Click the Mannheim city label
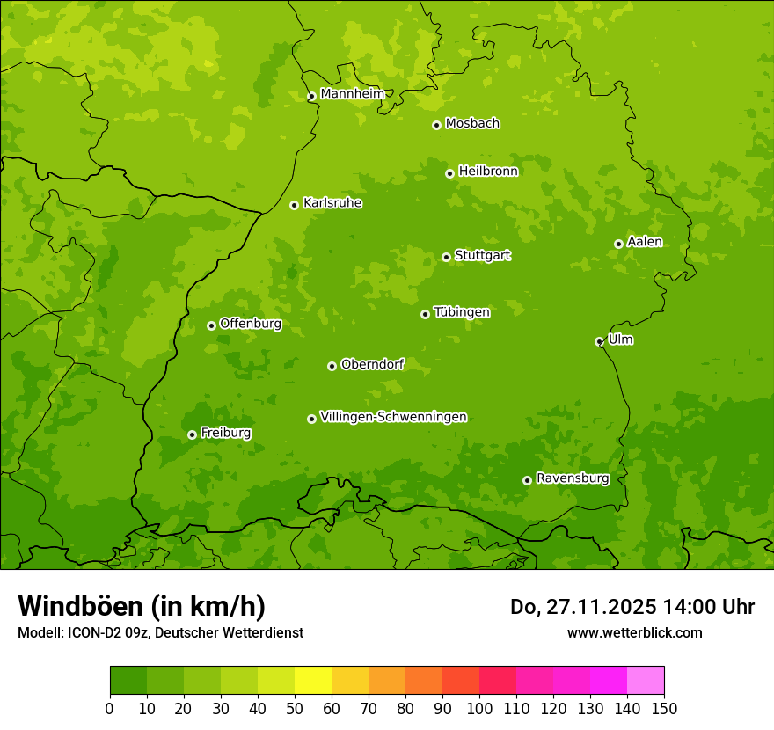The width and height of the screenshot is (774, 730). point(352,94)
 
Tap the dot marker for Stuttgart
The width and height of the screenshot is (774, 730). point(446,257)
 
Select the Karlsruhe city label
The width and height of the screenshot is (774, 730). point(332,203)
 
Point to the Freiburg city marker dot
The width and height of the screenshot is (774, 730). point(192,434)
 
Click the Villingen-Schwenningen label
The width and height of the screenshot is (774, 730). point(393,417)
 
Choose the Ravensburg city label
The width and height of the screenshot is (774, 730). point(573,478)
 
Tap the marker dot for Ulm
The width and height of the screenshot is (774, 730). point(599,341)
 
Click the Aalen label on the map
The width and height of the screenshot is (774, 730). point(645,242)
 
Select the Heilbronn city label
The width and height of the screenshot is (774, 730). point(488,172)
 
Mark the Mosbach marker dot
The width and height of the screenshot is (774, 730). point(436,125)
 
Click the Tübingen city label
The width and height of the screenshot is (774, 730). point(462,312)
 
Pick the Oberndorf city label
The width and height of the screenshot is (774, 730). point(372,364)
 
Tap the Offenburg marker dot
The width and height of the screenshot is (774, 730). point(211,325)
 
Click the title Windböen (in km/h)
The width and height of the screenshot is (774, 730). point(142,606)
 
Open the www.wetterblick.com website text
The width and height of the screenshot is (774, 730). point(634,632)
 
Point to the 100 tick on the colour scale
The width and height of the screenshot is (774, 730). point(479,708)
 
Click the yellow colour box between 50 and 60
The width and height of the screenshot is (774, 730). point(313,680)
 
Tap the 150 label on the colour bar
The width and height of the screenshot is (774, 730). point(664,708)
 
